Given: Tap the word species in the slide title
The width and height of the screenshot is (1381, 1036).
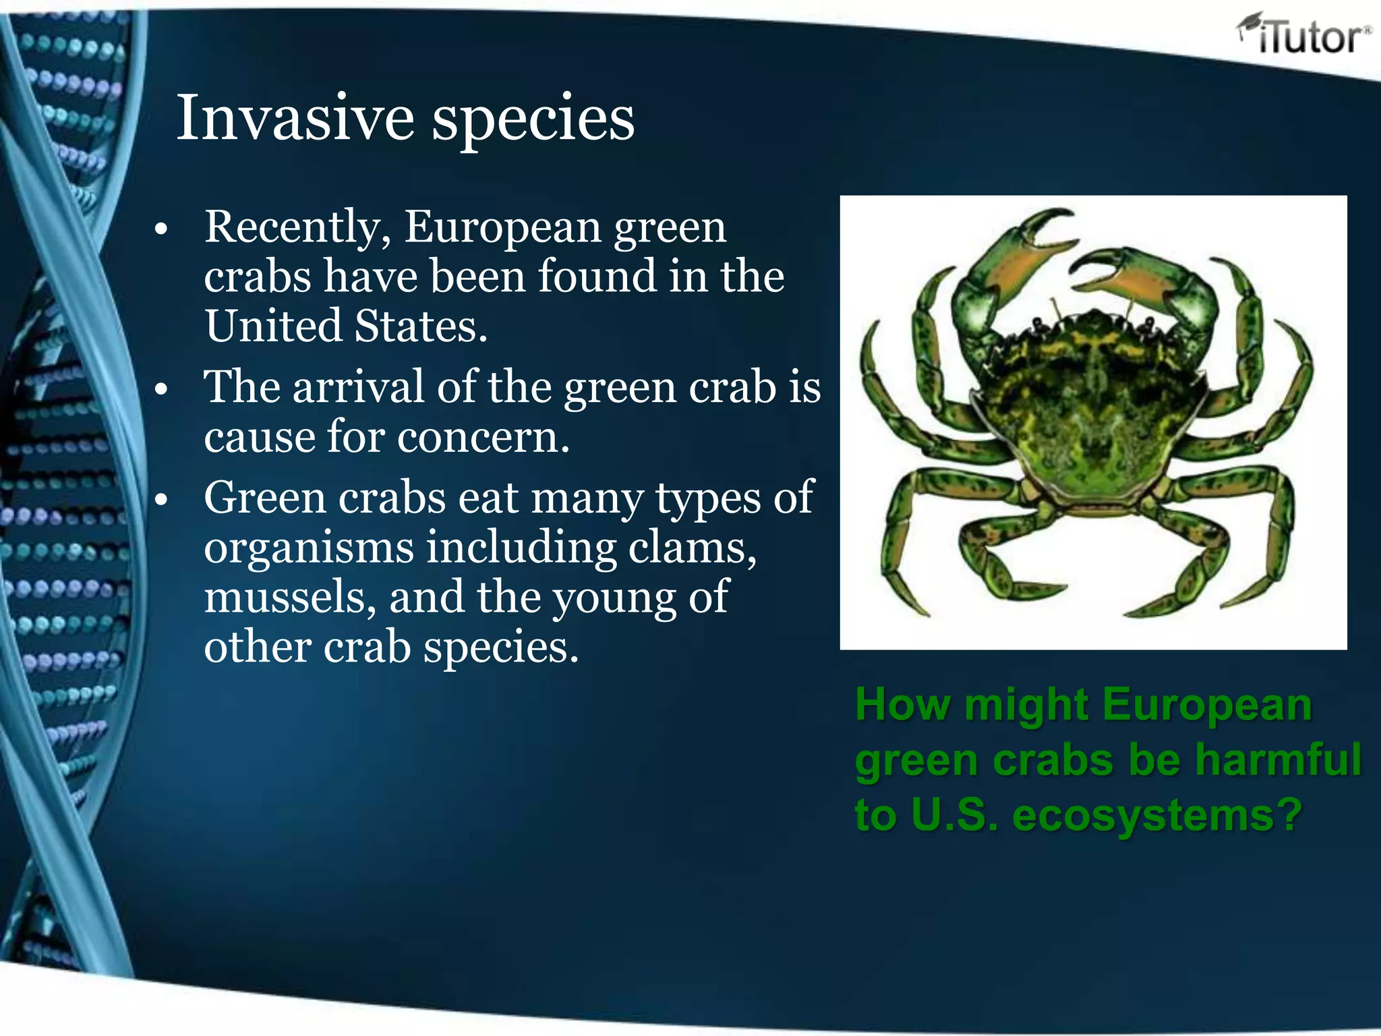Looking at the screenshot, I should [x=533, y=119].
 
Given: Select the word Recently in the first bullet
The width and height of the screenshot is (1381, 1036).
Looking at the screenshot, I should [x=297, y=227].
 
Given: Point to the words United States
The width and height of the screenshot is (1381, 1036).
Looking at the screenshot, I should [x=345, y=326].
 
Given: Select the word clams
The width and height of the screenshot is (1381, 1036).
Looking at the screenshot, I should [x=692, y=547].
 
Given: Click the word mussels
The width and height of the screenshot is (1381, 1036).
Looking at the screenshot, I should [x=289, y=598].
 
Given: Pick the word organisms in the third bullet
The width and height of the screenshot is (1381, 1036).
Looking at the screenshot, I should [x=309, y=548].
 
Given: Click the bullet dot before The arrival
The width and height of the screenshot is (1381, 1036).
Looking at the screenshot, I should [x=160, y=390].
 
